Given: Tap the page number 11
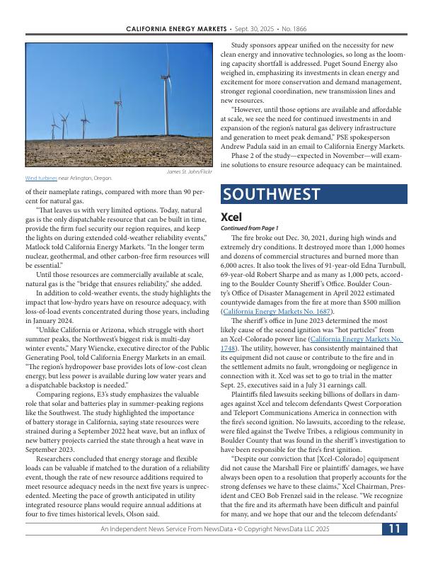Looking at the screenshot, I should [x=395, y=548].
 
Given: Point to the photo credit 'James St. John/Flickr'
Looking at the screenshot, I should [x=189, y=171].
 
